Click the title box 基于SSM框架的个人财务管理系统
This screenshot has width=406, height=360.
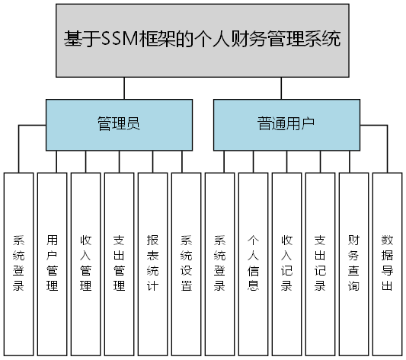[203, 39]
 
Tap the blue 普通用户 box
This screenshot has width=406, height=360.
[286, 124]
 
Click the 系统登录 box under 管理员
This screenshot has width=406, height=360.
[19, 263]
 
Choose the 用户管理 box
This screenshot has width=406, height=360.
[53, 263]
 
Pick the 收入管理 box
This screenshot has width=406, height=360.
[86, 263]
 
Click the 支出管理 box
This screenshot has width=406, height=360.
[120, 263]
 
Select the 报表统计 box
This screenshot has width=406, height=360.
[153, 263]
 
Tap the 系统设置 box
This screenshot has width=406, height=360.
[187, 263]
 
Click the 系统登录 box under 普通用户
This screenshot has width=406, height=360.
[220, 263]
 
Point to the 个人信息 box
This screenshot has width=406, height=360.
[254, 263]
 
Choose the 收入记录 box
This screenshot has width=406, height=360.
[287, 263]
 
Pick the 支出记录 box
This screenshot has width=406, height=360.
[321, 263]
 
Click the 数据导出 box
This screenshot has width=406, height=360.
[387, 263]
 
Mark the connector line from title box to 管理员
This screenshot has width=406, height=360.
[124, 87]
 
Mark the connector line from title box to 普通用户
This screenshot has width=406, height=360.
[281, 87]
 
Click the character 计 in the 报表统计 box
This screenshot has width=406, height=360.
[153, 287]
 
